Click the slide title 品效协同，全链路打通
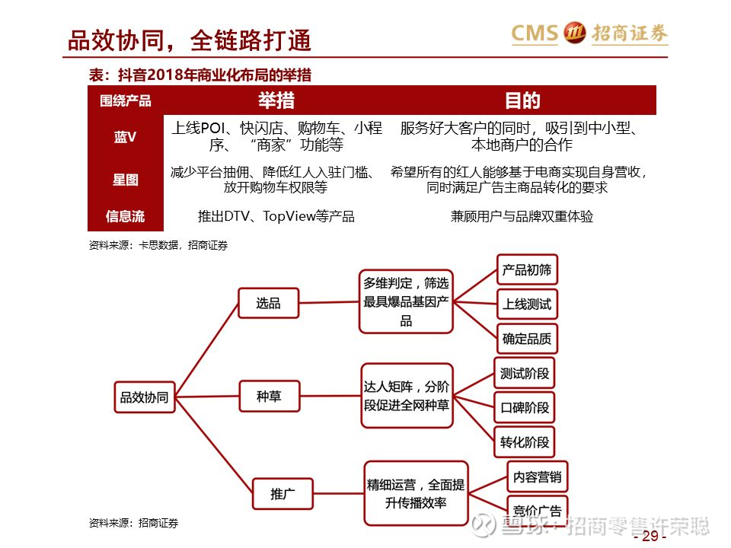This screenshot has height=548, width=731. [190, 40]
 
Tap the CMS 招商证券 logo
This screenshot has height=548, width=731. [589, 33]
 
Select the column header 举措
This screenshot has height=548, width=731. [276, 100]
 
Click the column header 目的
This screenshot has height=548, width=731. [522, 100]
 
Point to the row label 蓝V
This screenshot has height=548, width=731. [125, 137]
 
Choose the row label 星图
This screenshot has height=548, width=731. [126, 180]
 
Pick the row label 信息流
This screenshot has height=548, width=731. [125, 216]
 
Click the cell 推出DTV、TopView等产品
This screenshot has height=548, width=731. [276, 216]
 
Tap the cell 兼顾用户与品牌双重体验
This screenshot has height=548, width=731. [522, 216]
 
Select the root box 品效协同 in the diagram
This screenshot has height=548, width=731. [145, 397]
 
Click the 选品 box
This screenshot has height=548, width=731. [269, 304]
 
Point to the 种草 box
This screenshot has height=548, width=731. [269, 396]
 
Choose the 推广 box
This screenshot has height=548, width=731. [283, 493]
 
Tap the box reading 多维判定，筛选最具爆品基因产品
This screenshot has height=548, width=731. [406, 301]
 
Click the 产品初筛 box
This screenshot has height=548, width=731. [527, 269]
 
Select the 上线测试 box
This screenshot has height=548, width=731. [527, 304]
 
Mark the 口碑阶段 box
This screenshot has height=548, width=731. [525, 408]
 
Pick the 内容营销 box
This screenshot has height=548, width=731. [537, 476]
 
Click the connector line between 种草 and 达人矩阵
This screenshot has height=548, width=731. [330, 396]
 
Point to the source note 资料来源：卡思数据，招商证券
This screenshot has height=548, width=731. [158, 245]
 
